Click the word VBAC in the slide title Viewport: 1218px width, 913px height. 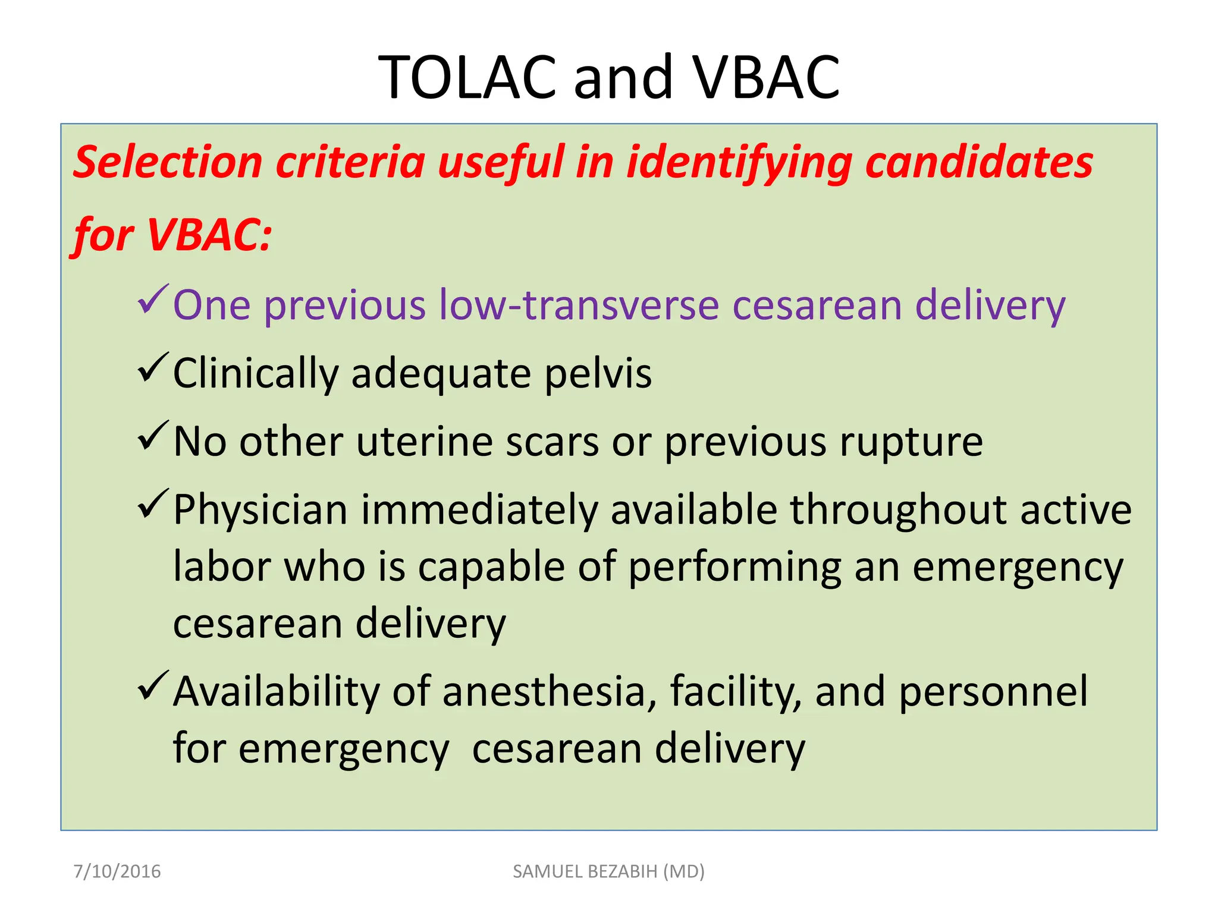[x=767, y=77]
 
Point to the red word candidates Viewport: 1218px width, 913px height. [x=979, y=162]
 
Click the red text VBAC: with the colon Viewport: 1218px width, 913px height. [x=209, y=234]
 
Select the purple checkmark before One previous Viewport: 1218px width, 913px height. [x=153, y=300]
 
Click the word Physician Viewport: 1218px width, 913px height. [x=260, y=510]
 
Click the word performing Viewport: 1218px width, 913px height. [x=734, y=567]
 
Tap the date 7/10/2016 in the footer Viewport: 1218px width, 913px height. [x=117, y=871]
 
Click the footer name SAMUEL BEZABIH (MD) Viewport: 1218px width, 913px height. [x=608, y=871]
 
